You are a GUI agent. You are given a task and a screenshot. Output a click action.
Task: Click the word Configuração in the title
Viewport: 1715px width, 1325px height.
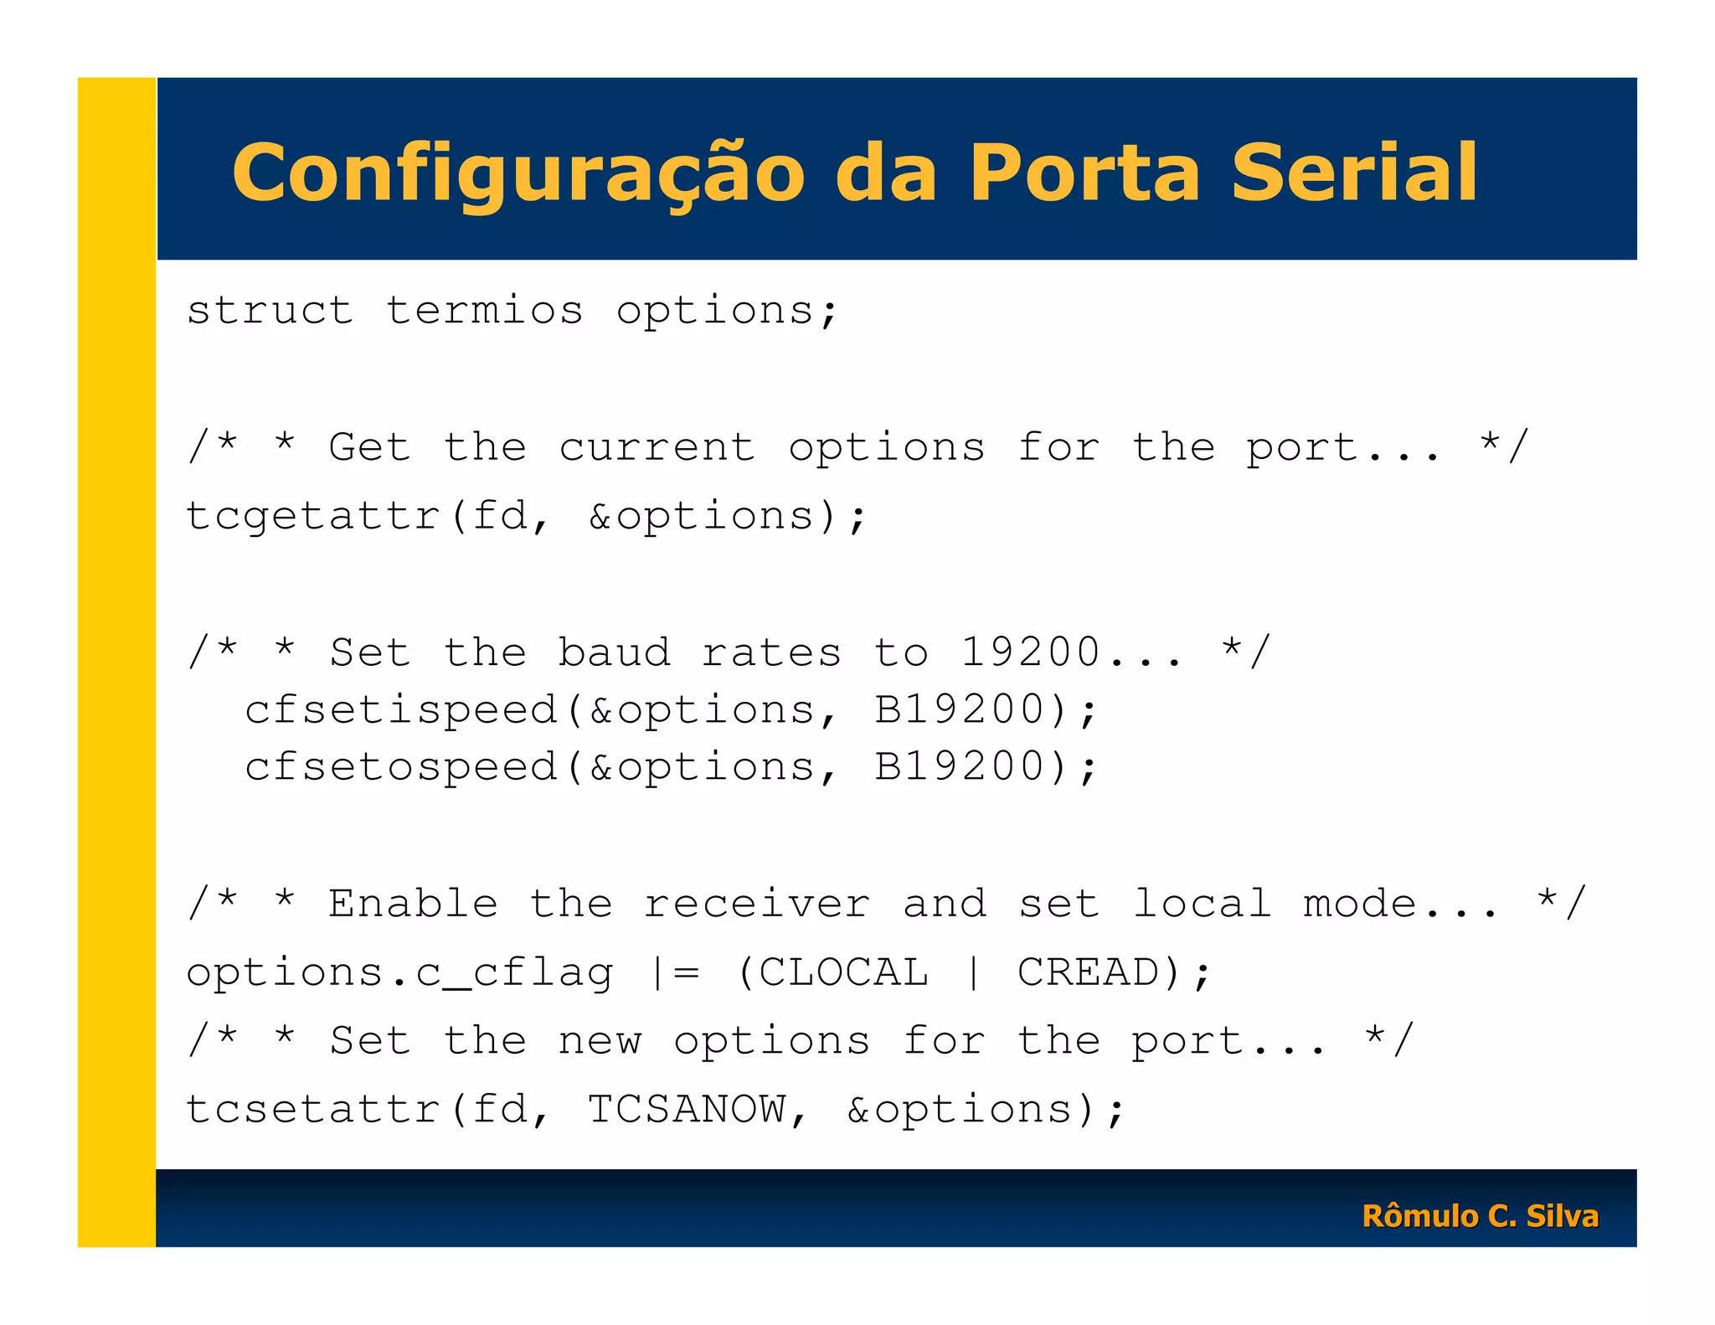518,173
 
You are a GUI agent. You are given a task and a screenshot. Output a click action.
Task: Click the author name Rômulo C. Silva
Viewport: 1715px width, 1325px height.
1480,1215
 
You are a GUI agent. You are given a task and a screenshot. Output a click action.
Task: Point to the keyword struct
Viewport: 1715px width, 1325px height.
270,311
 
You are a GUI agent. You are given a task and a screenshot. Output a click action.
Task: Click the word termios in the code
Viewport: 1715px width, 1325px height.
484,311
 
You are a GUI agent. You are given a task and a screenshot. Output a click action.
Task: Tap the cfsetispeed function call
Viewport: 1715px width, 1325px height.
401,710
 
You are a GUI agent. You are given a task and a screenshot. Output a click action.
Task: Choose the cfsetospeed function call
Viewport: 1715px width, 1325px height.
401,767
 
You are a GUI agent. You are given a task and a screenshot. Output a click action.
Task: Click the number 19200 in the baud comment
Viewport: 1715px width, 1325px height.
1030,652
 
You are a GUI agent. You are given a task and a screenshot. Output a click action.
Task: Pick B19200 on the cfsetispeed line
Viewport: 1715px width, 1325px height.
959,710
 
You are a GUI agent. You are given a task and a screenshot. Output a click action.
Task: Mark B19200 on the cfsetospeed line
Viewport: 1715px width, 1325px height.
959,767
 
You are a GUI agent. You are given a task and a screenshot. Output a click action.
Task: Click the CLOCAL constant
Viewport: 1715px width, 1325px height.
843,972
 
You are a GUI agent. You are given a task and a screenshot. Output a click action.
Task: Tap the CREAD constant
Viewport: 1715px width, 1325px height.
1088,972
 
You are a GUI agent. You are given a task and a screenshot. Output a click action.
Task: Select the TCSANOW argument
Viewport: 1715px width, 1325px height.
687,1109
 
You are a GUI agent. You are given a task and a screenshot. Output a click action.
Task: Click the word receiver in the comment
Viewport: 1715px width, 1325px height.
757,904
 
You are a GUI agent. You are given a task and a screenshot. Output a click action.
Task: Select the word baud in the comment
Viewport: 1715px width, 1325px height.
615,652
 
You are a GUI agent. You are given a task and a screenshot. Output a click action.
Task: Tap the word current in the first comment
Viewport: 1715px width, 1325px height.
657,447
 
